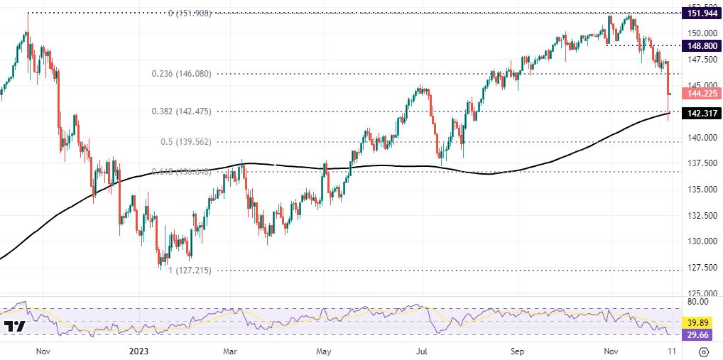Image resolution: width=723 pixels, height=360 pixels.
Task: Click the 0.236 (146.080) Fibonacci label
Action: (x=181, y=74)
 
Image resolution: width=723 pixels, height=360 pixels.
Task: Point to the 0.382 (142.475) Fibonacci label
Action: (x=181, y=111)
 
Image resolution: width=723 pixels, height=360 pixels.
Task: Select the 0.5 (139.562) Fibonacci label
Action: (x=187, y=141)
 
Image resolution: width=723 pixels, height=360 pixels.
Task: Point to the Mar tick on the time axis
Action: (x=229, y=351)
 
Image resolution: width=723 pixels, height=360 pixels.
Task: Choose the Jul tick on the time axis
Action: (x=421, y=351)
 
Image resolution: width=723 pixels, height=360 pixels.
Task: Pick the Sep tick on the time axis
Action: (x=517, y=351)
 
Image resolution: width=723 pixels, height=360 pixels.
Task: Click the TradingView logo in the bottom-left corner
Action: (x=14, y=327)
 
